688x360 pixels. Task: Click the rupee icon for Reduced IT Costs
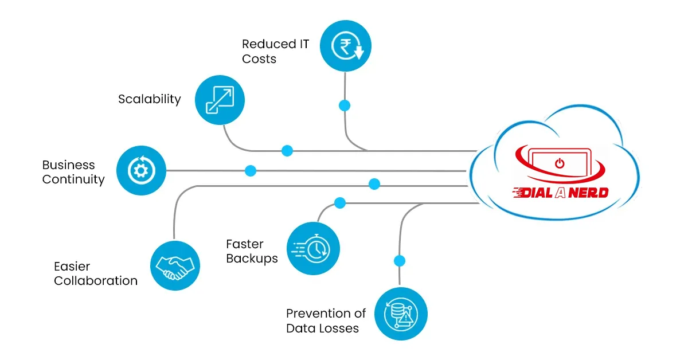[x=345, y=45]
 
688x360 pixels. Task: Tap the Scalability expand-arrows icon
[x=220, y=100]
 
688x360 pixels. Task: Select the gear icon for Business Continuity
[x=141, y=171]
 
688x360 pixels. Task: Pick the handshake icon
[x=175, y=265]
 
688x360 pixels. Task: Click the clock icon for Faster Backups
[x=313, y=249]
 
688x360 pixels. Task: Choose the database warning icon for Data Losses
[x=401, y=314]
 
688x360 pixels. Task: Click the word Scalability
[x=150, y=99]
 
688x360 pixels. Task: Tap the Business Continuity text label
[x=73, y=172]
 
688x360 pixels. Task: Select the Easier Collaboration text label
[x=96, y=273]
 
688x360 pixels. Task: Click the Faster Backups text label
[x=252, y=251]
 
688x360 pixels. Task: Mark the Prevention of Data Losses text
[x=326, y=321]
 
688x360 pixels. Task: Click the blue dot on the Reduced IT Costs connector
[x=345, y=105]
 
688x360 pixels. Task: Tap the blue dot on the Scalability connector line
[x=287, y=151]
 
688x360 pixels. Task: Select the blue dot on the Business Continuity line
[x=251, y=171]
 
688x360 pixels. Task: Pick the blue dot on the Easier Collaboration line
[x=374, y=184]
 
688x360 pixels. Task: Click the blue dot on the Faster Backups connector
[x=340, y=203]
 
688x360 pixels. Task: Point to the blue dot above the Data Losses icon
[x=400, y=261]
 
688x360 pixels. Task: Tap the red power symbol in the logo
[x=560, y=163]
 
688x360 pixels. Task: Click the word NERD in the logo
[x=586, y=193]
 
